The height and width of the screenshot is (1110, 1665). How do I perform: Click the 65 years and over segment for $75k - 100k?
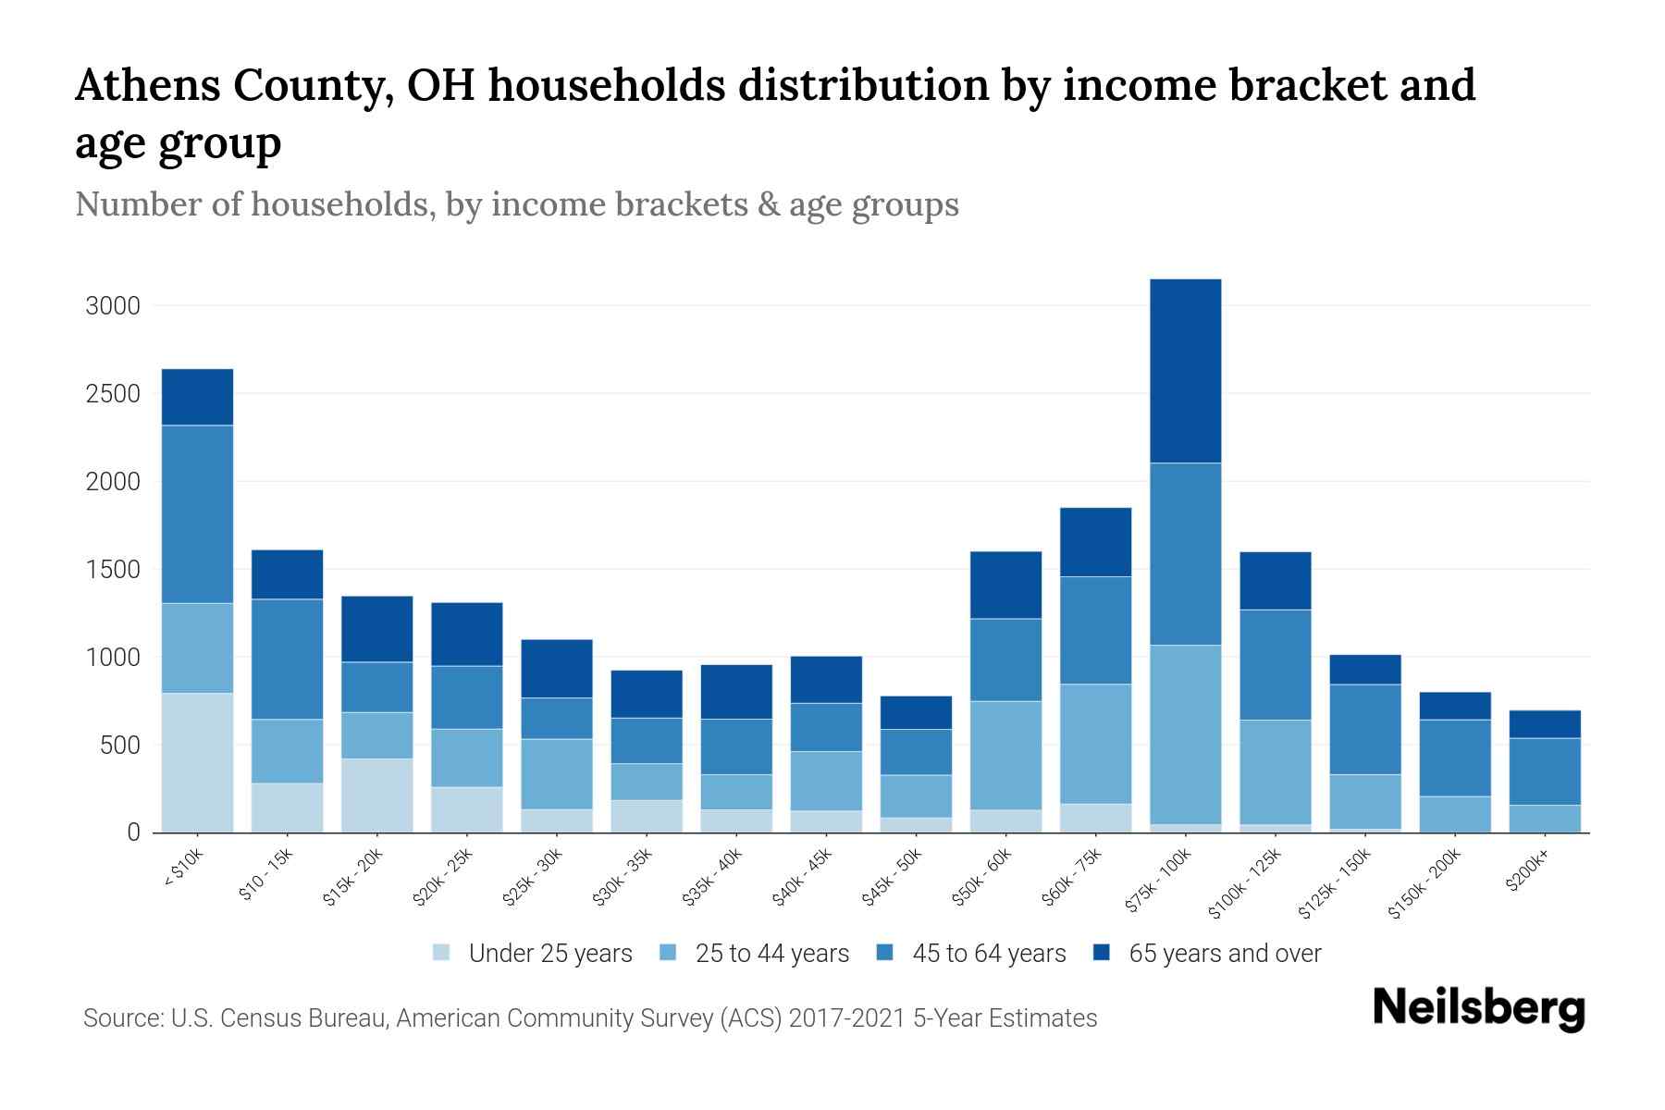(1185, 370)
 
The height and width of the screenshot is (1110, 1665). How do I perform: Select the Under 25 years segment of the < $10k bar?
(197, 762)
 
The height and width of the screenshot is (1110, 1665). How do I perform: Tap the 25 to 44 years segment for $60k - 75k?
(1095, 744)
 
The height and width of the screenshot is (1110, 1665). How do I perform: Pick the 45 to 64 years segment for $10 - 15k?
(287, 659)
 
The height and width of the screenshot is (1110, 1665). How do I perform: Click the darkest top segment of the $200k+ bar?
(1544, 723)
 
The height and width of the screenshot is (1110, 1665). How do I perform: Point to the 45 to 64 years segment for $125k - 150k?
(1364, 729)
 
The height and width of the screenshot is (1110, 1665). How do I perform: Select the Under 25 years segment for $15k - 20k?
(376, 795)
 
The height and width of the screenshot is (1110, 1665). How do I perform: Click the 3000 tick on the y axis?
(113, 306)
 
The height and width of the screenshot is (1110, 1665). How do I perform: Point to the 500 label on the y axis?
(120, 746)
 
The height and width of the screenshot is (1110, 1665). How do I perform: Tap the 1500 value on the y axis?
(113, 570)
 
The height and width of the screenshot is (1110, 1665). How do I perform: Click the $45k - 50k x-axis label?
(894, 875)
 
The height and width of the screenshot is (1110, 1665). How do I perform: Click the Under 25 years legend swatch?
(442, 953)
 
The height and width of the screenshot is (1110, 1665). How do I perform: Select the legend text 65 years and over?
(1225, 954)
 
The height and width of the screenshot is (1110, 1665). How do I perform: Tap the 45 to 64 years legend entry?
(988, 954)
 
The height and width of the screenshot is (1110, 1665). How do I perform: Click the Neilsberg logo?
(1478, 1008)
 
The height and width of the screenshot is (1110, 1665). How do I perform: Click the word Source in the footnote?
(120, 1018)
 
